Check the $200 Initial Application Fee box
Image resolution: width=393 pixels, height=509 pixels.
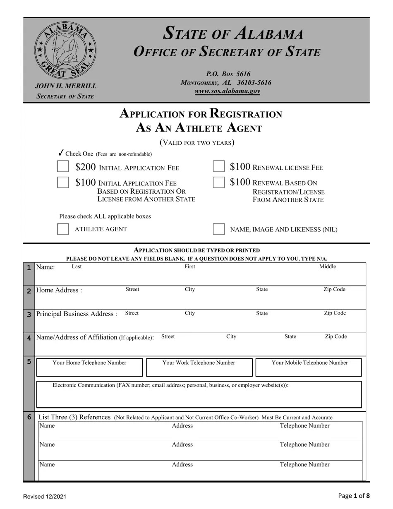point(63,167)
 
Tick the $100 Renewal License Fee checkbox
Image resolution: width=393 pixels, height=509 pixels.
point(219,167)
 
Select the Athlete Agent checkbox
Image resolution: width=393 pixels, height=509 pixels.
point(63,229)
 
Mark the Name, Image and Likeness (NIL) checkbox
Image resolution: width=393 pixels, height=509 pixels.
point(219,229)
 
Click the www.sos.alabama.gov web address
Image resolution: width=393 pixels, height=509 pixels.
point(227,91)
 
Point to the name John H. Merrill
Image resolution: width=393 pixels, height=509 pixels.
point(65,86)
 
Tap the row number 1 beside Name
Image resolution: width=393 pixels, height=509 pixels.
point(29,268)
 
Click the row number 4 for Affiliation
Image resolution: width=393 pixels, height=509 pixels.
point(29,338)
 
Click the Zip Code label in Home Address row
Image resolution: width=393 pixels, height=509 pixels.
point(334,290)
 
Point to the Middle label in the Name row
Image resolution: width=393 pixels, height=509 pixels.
point(328,267)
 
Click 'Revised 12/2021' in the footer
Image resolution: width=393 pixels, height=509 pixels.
point(45,497)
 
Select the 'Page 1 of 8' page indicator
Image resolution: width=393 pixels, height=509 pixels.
point(354,496)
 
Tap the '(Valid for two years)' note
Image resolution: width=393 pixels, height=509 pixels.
point(197,143)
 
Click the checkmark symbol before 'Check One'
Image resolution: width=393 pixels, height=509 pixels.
point(61,153)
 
